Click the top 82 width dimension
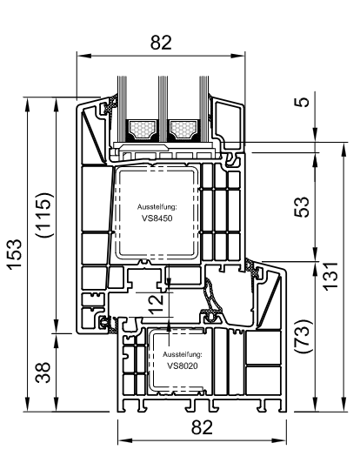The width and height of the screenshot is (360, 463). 161,43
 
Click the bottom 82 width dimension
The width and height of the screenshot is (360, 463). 202,427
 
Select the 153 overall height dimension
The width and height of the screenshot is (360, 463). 15,254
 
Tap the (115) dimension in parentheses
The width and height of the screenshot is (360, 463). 44,215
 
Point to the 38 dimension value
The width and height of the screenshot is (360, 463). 43,372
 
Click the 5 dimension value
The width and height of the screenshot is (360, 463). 302,102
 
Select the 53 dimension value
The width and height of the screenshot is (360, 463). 302,207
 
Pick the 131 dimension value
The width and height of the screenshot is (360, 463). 330,276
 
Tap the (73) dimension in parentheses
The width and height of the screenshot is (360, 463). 303,336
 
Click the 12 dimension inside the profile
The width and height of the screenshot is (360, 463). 156,305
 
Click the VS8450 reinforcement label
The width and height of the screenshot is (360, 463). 157,218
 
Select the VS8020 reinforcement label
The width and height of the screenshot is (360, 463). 183,366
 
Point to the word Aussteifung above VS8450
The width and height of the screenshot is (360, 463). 157,207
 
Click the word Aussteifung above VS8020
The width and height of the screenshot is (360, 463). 183,354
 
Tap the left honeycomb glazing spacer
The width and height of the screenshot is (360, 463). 142,130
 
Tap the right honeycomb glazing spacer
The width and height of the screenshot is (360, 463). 183,130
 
